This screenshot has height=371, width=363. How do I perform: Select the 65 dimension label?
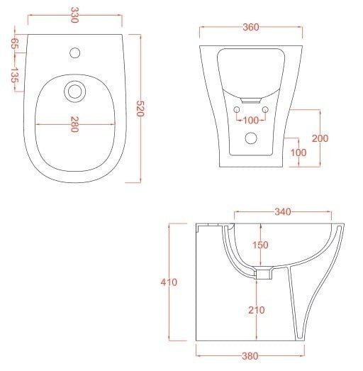14,43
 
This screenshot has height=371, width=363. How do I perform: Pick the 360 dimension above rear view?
250,27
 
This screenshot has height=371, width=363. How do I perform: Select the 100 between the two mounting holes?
251,120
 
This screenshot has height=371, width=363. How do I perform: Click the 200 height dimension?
319,139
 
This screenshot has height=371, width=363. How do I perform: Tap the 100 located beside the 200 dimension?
298,153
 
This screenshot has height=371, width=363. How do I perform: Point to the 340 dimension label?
282,211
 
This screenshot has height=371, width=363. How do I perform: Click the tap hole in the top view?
74,52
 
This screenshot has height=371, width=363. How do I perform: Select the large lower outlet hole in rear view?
250,140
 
